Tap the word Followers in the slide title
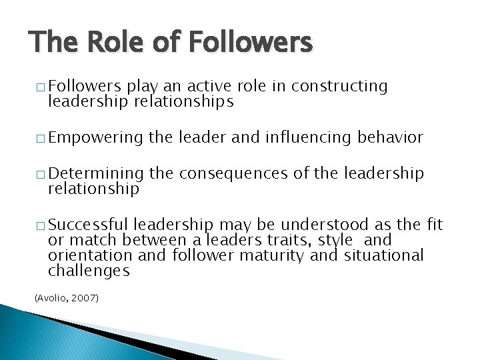[x=251, y=43]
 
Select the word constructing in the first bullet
[x=340, y=86]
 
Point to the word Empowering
[x=96, y=138]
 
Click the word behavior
[x=391, y=138]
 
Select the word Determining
[x=96, y=174]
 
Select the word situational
[x=383, y=255]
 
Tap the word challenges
[x=89, y=271]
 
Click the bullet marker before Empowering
[x=41, y=139]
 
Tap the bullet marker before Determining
[x=41, y=175]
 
